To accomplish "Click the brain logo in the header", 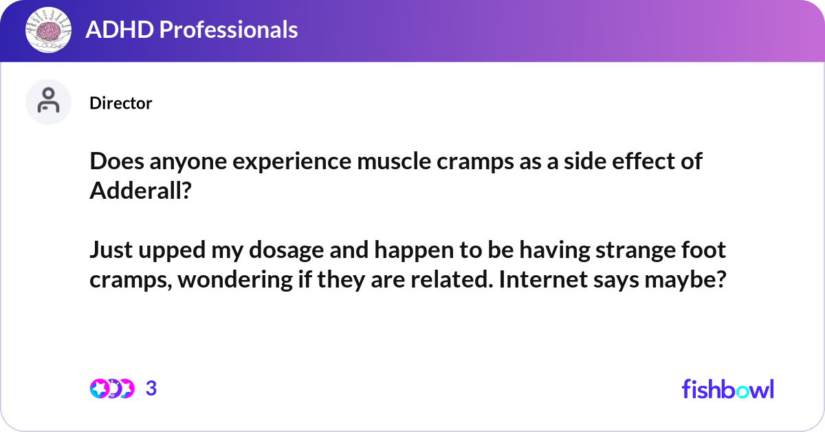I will tap(48, 30).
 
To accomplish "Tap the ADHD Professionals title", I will tap(191, 30).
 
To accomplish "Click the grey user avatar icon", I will tap(48, 102).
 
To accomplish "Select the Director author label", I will tap(120, 103).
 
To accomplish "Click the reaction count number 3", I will tap(151, 389).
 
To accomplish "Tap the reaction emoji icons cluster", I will tap(111, 389).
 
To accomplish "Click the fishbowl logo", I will tap(727, 389).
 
